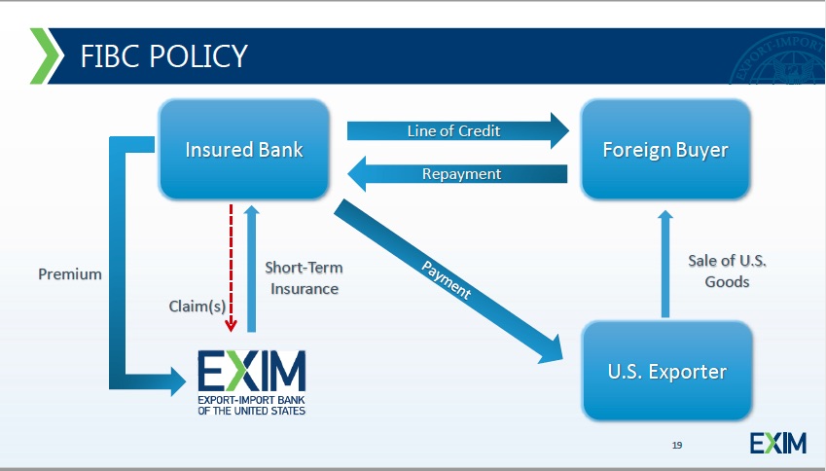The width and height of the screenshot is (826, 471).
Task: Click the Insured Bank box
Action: coord(243,150)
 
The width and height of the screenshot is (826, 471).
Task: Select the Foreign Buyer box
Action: coord(665,150)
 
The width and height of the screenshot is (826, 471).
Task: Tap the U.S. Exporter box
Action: coord(666,371)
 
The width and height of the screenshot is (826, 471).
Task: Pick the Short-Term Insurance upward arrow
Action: coord(251,268)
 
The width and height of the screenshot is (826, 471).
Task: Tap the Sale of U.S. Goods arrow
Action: coord(665,263)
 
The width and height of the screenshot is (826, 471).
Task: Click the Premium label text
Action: coord(69,273)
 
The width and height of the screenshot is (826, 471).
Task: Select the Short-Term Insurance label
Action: coord(305,277)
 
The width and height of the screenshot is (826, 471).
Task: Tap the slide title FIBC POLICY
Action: coord(163,55)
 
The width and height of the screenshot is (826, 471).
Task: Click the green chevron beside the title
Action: coord(45,55)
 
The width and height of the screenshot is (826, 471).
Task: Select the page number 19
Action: coord(677,445)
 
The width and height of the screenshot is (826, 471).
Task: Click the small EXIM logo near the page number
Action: coord(778,444)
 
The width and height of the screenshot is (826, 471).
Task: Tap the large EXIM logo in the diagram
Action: coord(252,372)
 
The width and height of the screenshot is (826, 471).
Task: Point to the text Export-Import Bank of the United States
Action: coord(251,405)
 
